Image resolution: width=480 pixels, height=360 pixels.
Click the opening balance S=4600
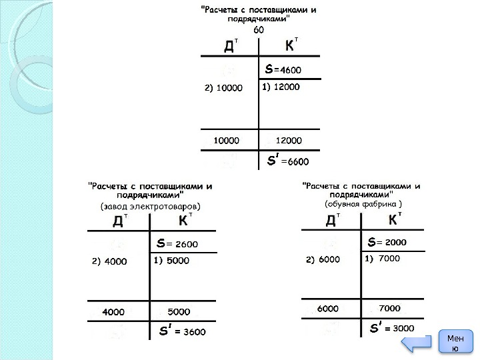[x=283, y=69]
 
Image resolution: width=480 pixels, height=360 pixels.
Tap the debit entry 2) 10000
[x=223, y=87]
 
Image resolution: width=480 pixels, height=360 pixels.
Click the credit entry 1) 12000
[x=281, y=87]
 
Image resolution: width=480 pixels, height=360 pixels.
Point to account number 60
[x=259, y=30]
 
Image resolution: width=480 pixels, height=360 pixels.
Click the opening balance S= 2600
[x=177, y=243]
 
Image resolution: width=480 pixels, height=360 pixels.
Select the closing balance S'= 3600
[x=182, y=331]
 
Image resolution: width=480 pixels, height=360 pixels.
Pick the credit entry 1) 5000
[x=171, y=261]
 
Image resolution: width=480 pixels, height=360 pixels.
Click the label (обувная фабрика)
[x=363, y=203]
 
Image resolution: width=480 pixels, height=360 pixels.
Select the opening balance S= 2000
[x=387, y=241]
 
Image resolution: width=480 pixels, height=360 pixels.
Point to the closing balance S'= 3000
[x=392, y=327]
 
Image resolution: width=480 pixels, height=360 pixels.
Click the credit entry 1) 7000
[x=383, y=258]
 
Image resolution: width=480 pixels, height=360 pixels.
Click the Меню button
[x=455, y=343]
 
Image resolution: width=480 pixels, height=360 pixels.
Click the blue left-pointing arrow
[x=419, y=343]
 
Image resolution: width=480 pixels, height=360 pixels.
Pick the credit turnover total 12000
[x=289, y=141]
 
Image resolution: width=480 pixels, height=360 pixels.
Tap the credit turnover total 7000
[x=389, y=309]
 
